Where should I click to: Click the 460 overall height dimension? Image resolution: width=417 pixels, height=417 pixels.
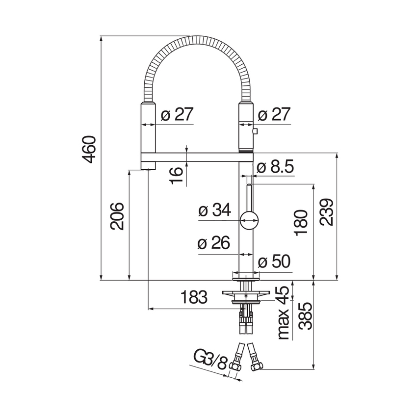point(89,149)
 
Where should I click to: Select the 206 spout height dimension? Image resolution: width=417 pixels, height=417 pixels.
point(117,216)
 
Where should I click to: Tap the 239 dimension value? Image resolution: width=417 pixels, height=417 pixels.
point(326,212)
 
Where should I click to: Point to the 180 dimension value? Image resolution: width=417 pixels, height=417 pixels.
point(301,223)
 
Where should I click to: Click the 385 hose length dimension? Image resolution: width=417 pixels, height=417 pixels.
point(305,316)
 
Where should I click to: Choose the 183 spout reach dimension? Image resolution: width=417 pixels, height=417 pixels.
point(194,297)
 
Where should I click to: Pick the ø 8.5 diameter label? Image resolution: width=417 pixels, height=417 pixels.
point(276,167)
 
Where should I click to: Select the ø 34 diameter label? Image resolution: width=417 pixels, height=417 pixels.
point(215,210)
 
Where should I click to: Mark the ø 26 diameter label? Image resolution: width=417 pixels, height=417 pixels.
point(214,243)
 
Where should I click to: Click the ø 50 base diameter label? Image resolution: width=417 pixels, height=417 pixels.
point(274,261)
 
